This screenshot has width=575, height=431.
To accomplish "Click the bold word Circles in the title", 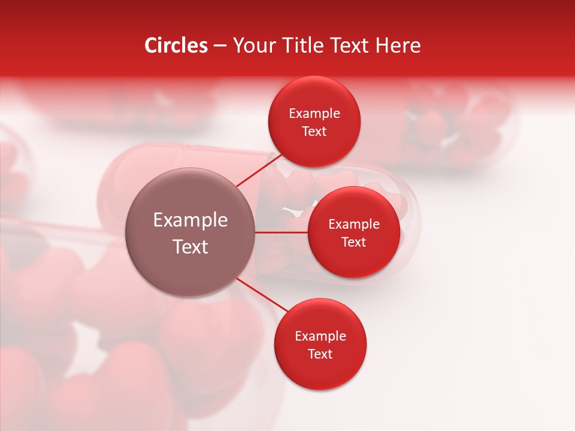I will [x=175, y=45].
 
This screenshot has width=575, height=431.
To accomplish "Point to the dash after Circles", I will [x=220, y=46].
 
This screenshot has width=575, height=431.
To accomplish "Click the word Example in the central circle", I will [x=190, y=220].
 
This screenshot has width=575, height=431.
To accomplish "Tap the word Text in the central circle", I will [x=190, y=247].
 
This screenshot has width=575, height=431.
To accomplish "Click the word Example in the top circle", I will [x=314, y=114].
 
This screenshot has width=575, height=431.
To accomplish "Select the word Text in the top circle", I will [x=314, y=131].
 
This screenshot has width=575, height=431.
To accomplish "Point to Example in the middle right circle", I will [x=354, y=224].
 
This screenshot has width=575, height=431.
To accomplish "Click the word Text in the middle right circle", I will [x=354, y=242].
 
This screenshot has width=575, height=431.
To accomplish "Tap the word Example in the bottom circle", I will [x=320, y=336].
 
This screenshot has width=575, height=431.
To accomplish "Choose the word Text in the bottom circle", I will [x=320, y=354].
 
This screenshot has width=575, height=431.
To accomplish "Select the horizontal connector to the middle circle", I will [x=281, y=232].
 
